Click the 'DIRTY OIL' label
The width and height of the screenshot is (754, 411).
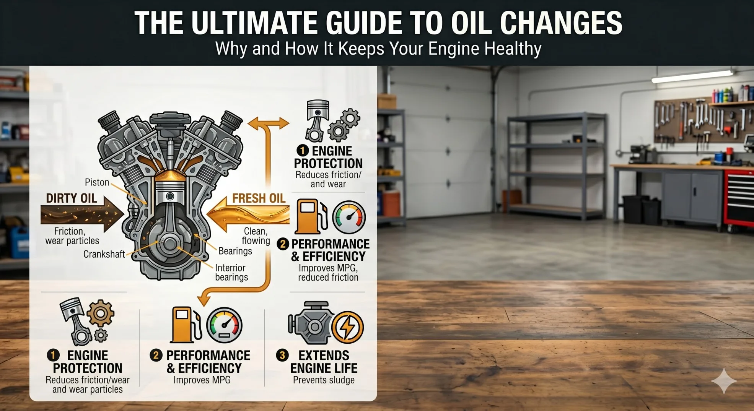pyautogui.click(x=71, y=198)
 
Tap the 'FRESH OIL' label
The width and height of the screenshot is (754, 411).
pyautogui.click(x=259, y=198)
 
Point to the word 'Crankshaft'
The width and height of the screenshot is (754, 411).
pyautogui.click(x=104, y=254)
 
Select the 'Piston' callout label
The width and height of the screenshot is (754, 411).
pyautogui.click(x=97, y=182)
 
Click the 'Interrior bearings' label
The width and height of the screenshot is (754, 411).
pyautogui.click(x=231, y=273)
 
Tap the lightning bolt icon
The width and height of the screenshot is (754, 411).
pyautogui.click(x=347, y=327)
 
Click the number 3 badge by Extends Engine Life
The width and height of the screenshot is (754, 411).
pyautogui.click(x=282, y=355)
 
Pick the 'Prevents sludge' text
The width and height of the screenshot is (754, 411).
pyautogui.click(x=324, y=380)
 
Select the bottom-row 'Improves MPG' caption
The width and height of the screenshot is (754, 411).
pyautogui.click(x=202, y=380)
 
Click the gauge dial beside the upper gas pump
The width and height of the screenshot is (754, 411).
pyautogui.click(x=349, y=217)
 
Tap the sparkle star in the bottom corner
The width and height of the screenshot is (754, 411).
pyautogui.click(x=724, y=381)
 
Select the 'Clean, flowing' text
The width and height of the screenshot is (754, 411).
pyautogui.click(x=256, y=236)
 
